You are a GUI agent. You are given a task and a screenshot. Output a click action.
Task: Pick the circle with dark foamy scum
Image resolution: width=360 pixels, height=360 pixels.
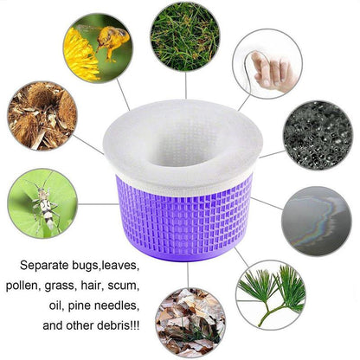(x=318, y=134)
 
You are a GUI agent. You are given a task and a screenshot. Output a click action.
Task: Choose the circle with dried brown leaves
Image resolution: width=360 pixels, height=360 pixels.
(x=190, y=322)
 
